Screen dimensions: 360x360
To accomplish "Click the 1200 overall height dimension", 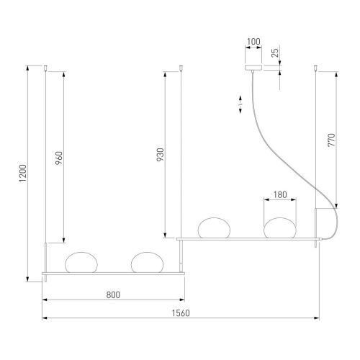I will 23,173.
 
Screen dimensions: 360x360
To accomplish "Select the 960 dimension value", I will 59,156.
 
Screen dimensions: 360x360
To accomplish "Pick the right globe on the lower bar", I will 146,262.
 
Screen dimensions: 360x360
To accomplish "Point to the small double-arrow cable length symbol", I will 240,104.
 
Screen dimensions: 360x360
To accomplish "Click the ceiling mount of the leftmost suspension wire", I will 47,68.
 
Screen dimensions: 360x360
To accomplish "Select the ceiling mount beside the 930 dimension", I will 181,68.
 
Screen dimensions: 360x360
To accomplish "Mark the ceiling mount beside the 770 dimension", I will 315,68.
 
